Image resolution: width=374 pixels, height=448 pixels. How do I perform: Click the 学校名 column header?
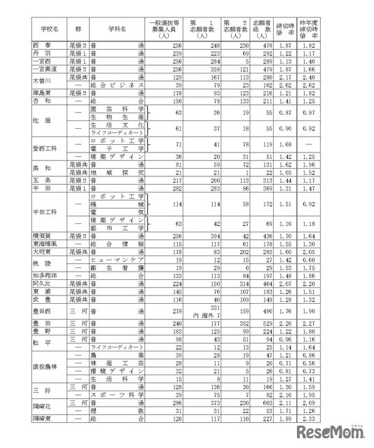click(46, 31)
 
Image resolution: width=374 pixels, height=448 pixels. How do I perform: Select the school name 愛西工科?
click(44, 148)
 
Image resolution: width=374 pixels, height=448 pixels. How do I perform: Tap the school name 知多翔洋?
click(43, 276)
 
